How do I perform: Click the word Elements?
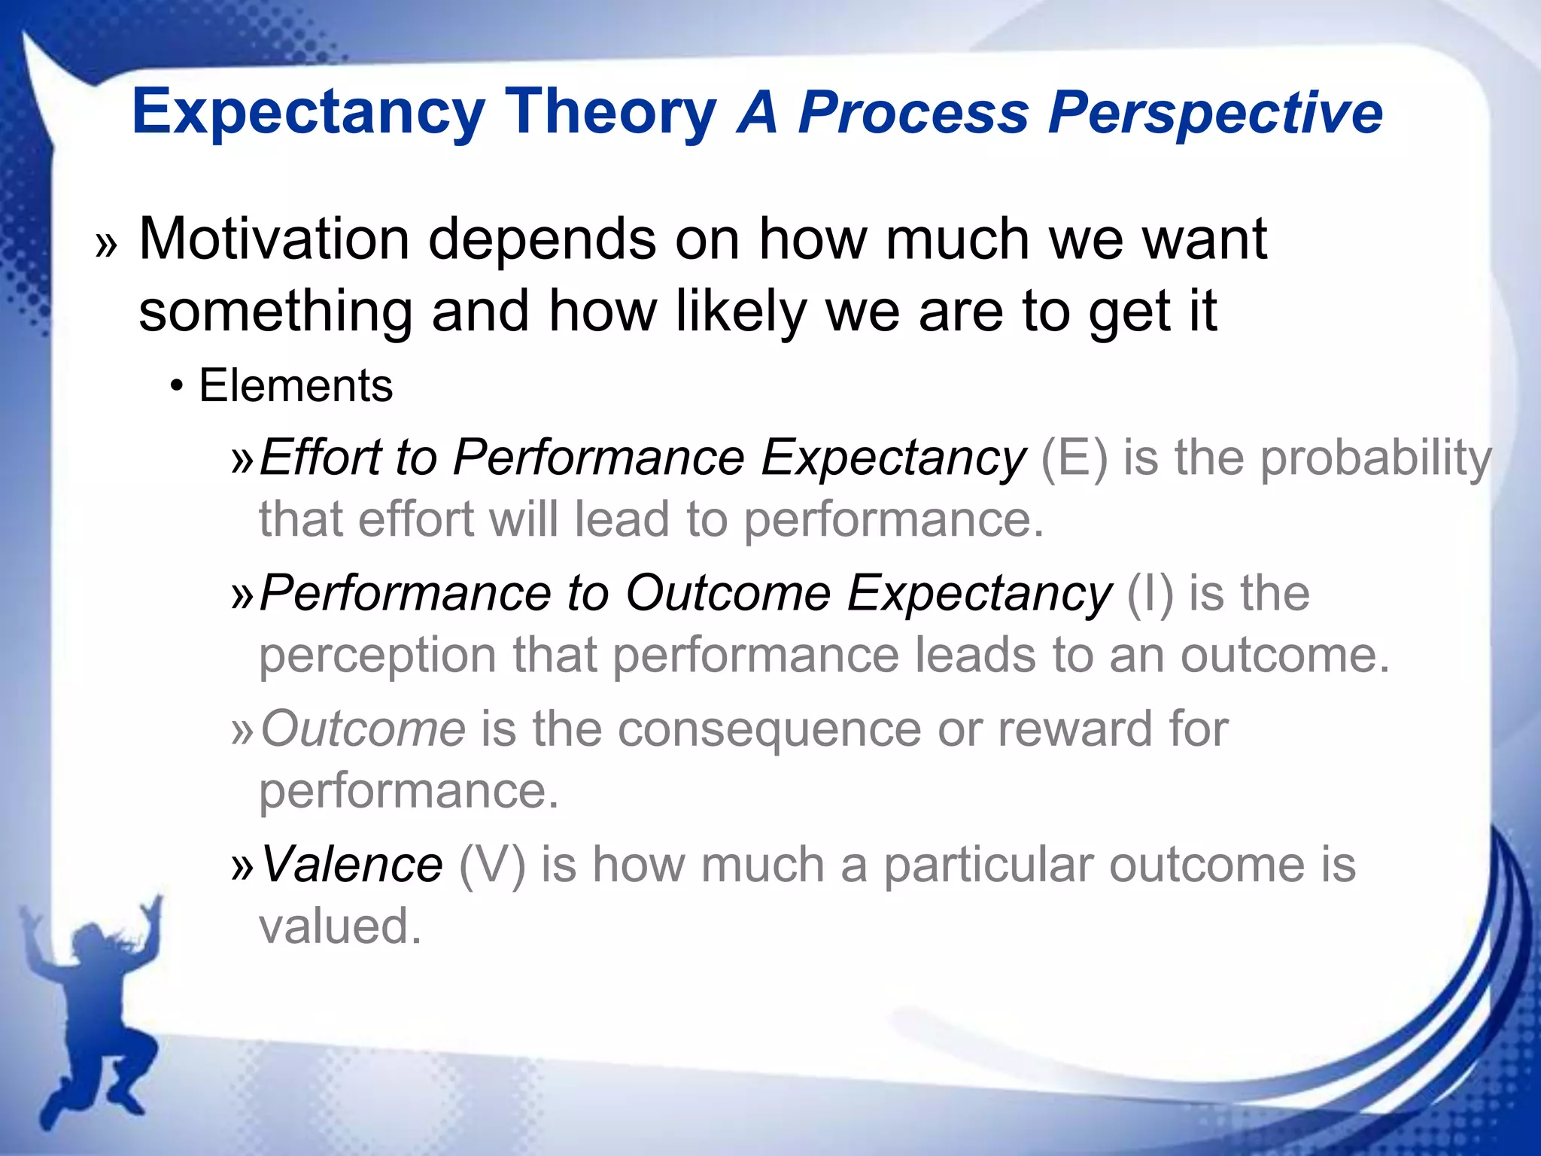coord(295,386)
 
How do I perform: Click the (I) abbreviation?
coord(1149,594)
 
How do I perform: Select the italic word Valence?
coord(351,865)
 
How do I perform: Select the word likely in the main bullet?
coord(740,312)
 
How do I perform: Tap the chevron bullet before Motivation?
coord(107,245)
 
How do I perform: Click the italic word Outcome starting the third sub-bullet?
coord(363,729)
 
